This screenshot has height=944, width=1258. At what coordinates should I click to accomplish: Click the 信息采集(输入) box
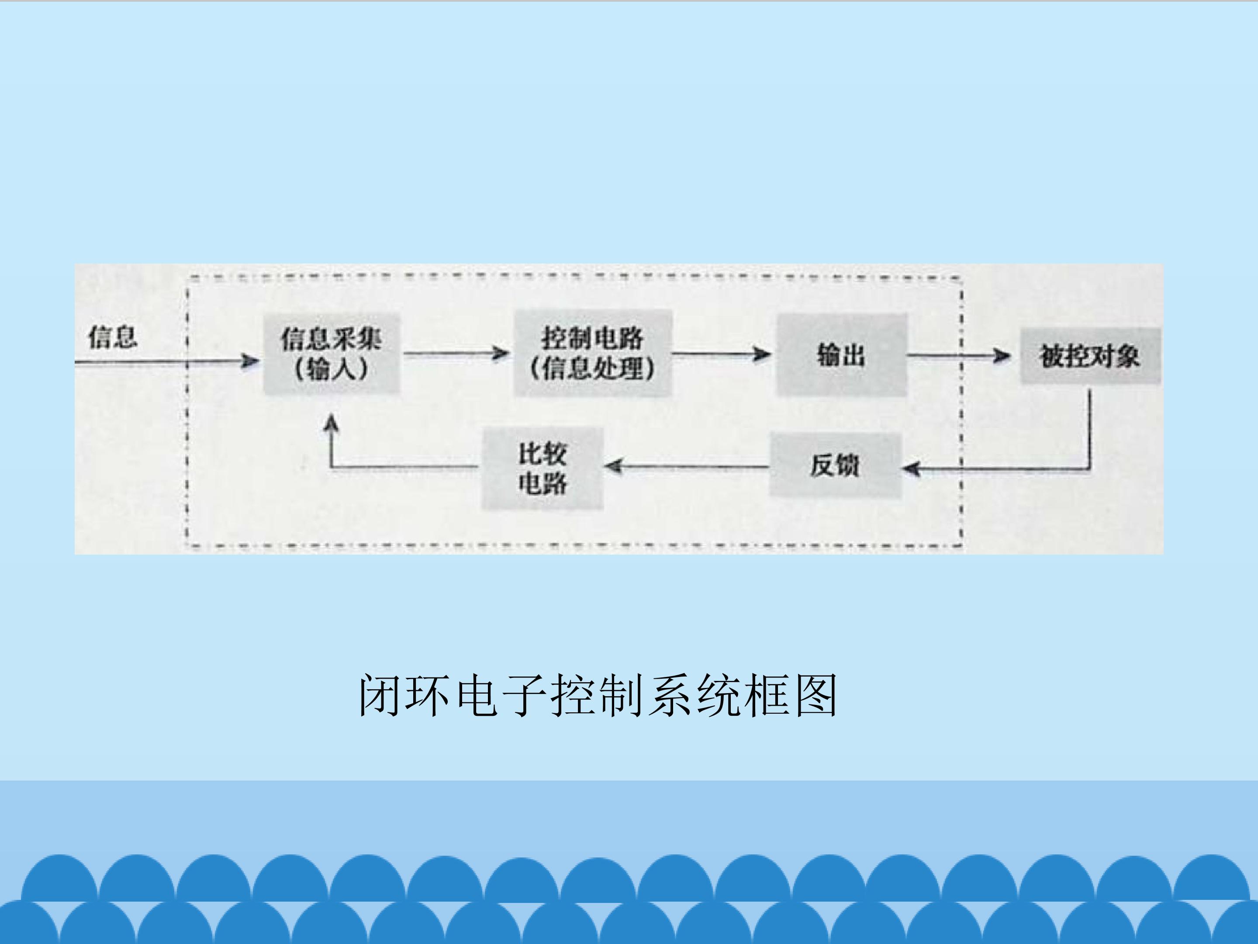(x=332, y=354)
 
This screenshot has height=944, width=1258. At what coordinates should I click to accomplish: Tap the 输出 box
(x=841, y=355)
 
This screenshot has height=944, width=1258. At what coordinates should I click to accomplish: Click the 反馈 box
(x=835, y=465)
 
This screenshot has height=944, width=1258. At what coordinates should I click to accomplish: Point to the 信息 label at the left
(x=113, y=337)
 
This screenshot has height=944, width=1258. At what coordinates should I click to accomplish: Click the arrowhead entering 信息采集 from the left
(x=249, y=361)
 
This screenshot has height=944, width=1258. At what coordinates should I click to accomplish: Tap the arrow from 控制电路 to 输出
(x=721, y=354)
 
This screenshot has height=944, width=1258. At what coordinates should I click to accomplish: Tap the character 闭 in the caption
(x=380, y=695)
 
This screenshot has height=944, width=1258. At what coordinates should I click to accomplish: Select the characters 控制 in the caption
(x=599, y=695)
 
